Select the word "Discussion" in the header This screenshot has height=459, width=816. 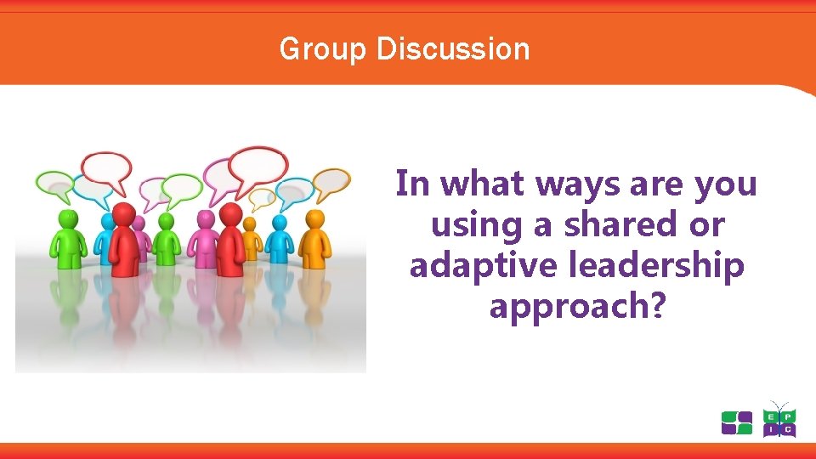[x=452, y=49]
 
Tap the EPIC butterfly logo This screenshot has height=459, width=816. [x=779, y=421]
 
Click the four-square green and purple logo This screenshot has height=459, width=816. [x=736, y=422]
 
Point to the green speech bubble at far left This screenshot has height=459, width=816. [x=55, y=183]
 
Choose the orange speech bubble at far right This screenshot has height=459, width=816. [x=331, y=181]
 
